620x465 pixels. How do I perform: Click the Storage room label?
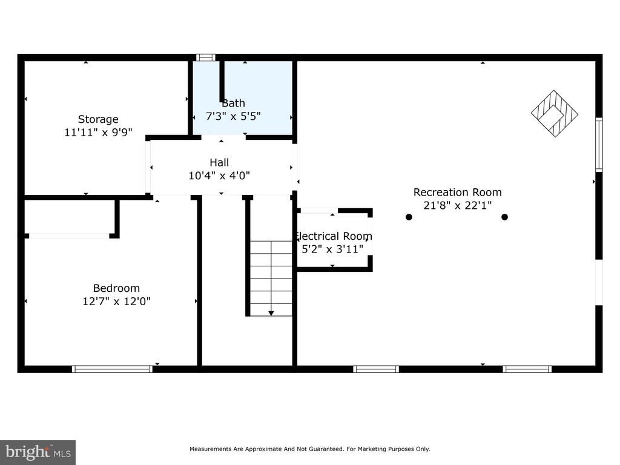pyautogui.click(x=98, y=119)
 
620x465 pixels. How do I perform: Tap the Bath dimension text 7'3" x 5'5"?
pyautogui.click(x=233, y=116)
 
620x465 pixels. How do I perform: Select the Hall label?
pyautogui.click(x=219, y=162)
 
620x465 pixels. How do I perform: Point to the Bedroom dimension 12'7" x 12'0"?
pyautogui.click(x=116, y=302)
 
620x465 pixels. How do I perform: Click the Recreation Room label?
pyautogui.click(x=458, y=192)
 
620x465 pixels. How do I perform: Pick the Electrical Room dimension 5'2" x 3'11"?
pyautogui.click(x=332, y=249)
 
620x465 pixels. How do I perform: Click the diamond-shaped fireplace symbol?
pyautogui.click(x=555, y=114)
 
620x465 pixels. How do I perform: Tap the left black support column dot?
pyautogui.click(x=409, y=217)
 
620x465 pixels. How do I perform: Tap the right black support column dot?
pyautogui.click(x=504, y=217)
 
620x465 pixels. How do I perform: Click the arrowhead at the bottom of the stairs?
pyautogui.click(x=271, y=314)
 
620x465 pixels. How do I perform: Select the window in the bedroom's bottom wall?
pyautogui.click(x=112, y=369)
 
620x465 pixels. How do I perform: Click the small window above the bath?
pyautogui.click(x=206, y=58)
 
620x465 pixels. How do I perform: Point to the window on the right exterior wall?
pyautogui.click(x=599, y=145)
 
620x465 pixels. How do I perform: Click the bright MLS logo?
pyautogui.click(x=38, y=452)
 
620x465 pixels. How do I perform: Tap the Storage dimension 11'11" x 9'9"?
pyautogui.click(x=98, y=132)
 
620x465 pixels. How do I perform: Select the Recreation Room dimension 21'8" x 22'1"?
pyautogui.click(x=458, y=205)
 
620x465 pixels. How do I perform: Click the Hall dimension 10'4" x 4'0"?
pyautogui.click(x=219, y=176)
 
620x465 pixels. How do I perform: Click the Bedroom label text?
pyautogui.click(x=116, y=288)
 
